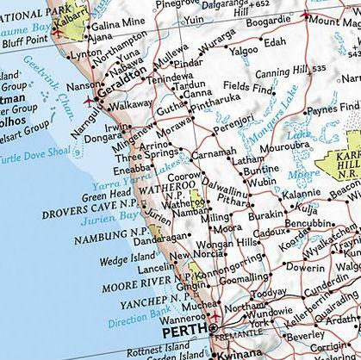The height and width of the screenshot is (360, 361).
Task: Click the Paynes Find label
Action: [x=331, y=109]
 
